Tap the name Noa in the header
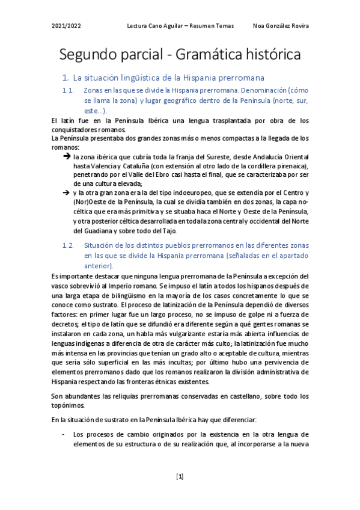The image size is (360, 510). click(x=261, y=26)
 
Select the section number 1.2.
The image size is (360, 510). click(x=68, y=245)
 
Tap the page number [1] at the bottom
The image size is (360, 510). click(x=180, y=477)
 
